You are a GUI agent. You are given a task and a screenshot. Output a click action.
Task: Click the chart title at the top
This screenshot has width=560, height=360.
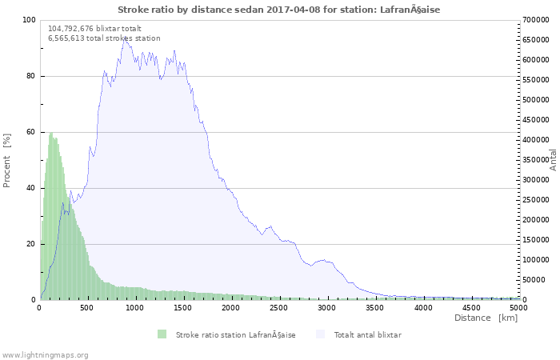point(278,10)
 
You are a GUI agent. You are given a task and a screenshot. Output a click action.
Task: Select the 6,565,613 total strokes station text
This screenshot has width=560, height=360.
point(104,38)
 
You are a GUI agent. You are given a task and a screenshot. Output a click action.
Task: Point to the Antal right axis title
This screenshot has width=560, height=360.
point(552,159)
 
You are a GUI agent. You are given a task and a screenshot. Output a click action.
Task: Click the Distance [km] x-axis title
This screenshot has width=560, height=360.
point(486,318)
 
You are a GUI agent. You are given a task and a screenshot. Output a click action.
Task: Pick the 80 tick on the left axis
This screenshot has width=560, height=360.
point(30,76)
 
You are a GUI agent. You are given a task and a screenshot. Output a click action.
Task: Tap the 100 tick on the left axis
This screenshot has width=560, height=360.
point(27,20)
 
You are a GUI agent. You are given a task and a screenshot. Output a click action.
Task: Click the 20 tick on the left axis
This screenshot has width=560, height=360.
point(30,244)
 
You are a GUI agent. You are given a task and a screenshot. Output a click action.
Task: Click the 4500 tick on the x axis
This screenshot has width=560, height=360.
point(471,307)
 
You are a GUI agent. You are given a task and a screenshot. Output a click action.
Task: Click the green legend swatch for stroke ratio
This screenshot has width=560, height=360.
point(162,334)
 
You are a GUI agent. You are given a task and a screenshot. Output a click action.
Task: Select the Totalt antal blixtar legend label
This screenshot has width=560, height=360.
point(367,334)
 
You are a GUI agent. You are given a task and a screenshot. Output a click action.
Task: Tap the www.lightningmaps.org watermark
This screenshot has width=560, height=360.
point(46,354)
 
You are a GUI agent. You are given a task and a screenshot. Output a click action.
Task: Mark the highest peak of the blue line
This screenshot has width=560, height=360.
point(124,38)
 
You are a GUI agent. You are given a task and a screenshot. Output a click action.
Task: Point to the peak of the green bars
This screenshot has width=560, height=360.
point(50,134)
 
